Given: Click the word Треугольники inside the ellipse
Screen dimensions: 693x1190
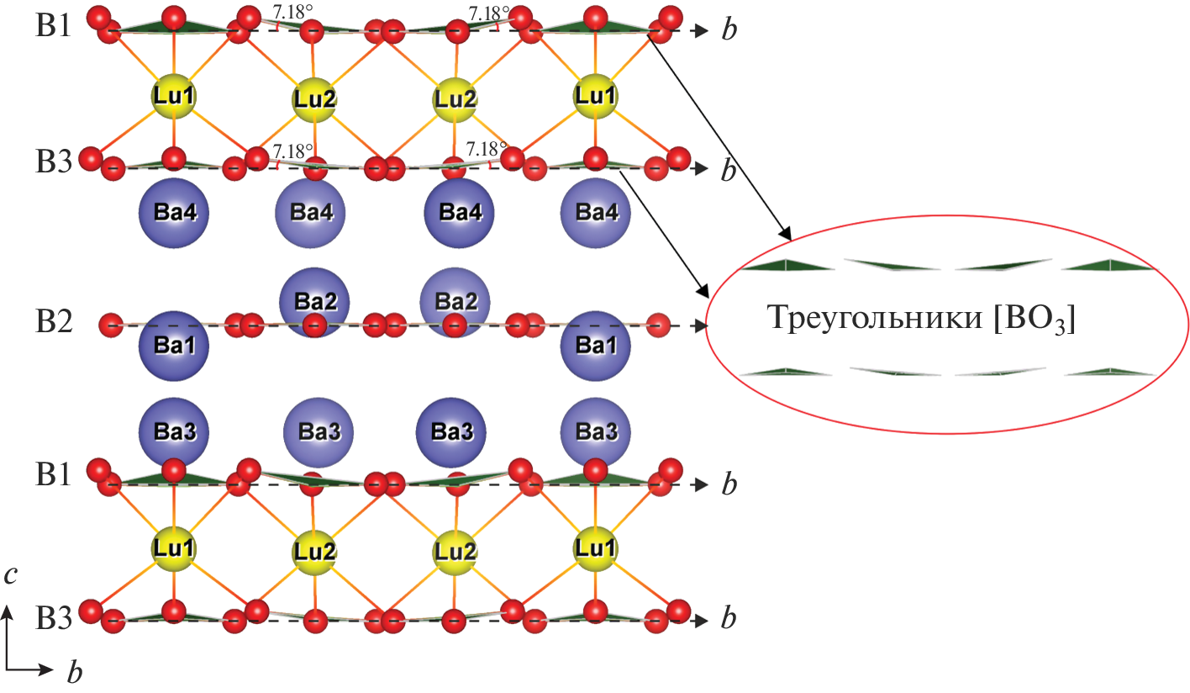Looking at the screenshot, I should tap(876, 320).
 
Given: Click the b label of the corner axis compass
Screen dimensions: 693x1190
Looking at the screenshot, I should tap(74, 672).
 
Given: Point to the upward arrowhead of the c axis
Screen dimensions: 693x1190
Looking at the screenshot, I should tap(8, 612).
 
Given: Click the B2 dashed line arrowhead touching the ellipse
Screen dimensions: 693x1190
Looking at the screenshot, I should tap(698, 325).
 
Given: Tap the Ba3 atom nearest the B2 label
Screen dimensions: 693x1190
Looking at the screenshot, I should tap(172, 431).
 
